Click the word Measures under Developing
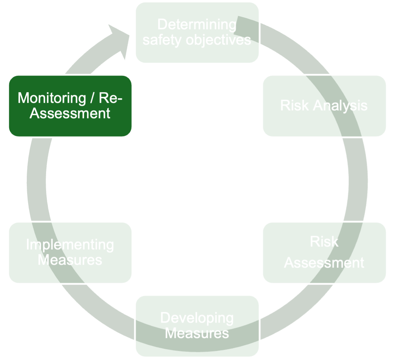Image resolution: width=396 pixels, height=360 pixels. [197, 334]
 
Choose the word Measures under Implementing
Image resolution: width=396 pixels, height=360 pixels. [70, 260]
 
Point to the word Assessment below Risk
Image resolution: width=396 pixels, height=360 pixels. [324, 263]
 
